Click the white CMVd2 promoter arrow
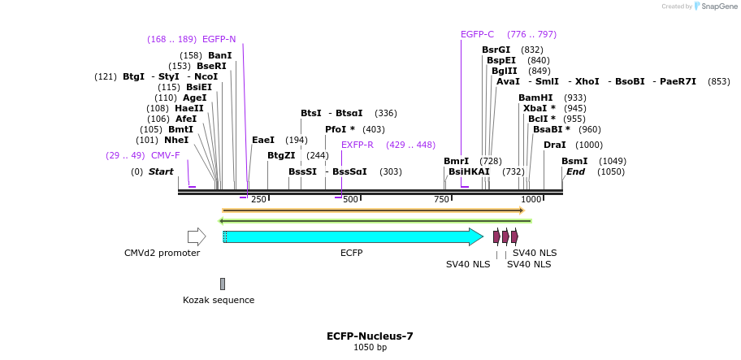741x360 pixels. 196,236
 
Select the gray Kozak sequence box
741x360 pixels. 223,284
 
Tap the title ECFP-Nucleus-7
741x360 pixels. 370,336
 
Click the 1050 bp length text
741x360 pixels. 370,348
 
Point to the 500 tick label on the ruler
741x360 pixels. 350,200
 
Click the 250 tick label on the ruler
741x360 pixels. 258,200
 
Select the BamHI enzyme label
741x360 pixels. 535,98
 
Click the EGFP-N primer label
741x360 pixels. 219,39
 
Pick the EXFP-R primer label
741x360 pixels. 357,145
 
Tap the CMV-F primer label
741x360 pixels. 165,155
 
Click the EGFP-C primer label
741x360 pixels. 477,34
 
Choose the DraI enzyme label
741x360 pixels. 555,145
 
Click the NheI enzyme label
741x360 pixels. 176,140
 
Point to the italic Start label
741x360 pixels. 161,171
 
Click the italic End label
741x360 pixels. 575,171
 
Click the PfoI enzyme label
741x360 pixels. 340,129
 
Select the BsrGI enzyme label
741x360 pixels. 496,50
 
